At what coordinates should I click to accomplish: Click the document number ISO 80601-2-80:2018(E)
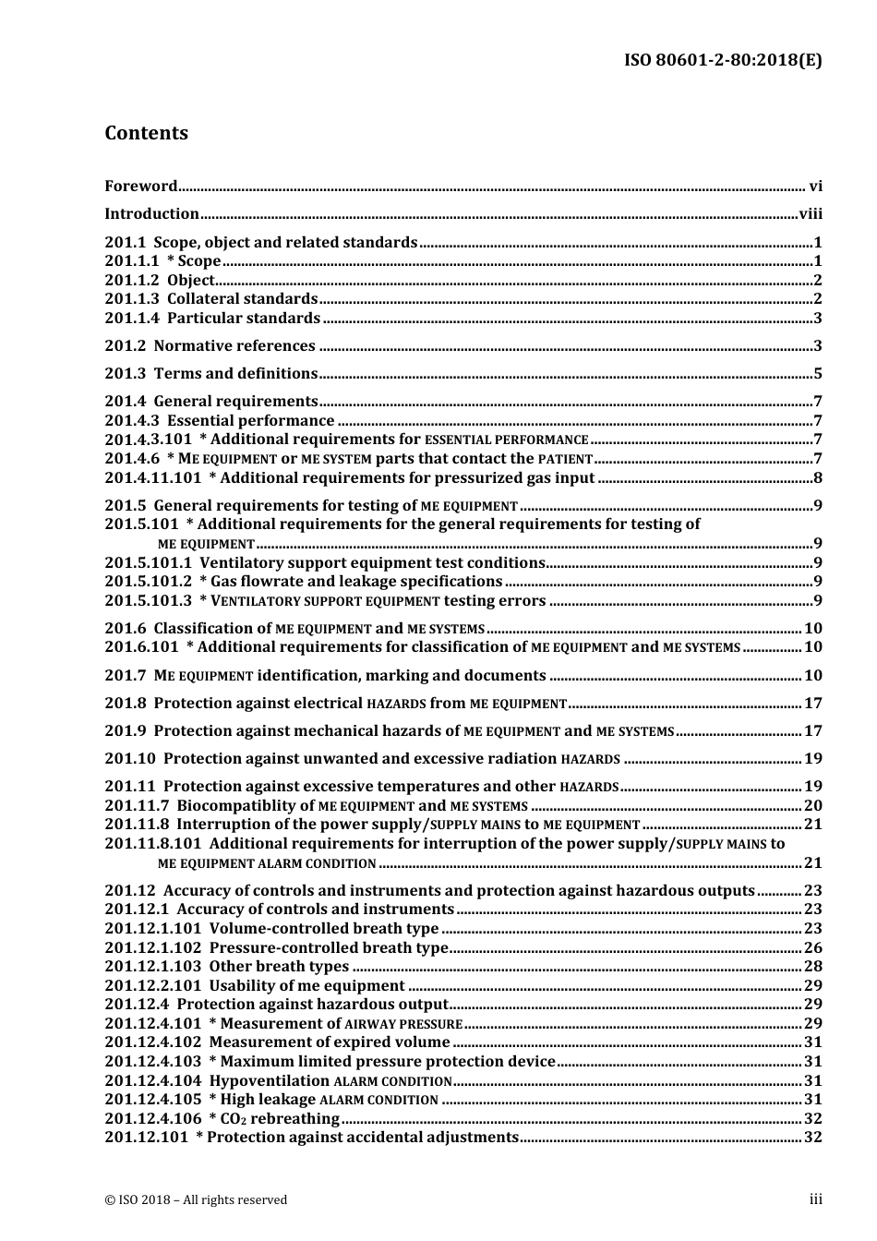coord(723,61)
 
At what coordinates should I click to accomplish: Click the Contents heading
coord(146,133)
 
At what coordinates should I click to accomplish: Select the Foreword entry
coord(140,186)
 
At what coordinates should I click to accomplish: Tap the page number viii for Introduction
coord(811,213)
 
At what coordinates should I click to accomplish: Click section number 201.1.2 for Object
coord(131,280)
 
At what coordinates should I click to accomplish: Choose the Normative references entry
coord(234,345)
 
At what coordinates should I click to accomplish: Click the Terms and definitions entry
coord(235,373)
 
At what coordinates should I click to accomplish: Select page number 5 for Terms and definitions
coord(818,374)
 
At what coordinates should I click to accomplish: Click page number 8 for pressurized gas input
coord(818,477)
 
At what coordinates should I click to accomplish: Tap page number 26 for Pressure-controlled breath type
coord(812,947)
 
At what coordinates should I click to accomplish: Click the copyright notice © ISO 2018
coord(196,1199)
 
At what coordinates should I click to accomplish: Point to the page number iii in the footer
coord(815,1199)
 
